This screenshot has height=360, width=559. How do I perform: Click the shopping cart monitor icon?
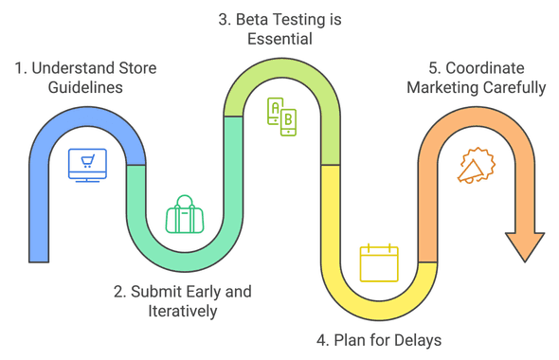coord(87,165)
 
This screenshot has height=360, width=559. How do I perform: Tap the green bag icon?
coord(184,215)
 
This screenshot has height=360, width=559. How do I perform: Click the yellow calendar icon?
coord(379,264)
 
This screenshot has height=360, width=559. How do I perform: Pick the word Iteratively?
coord(182,311)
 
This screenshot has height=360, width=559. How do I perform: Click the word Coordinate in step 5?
coord(492,68)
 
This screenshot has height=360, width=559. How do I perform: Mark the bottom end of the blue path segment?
coord(39,257)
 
